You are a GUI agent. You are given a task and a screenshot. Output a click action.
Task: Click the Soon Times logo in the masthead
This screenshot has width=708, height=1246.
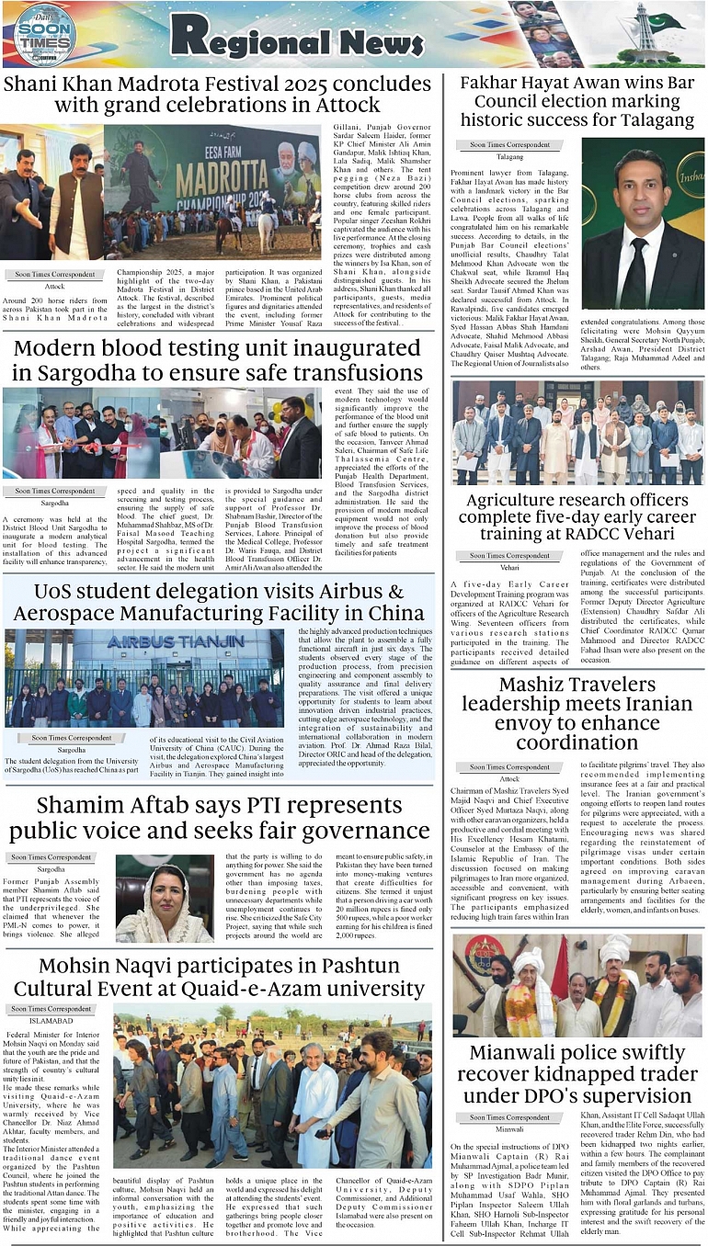[x=44, y=35]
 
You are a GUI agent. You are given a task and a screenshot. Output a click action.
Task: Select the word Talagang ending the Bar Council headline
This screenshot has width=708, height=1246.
[x=643, y=119]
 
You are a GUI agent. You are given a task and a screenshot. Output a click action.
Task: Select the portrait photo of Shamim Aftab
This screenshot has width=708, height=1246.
[x=165, y=898]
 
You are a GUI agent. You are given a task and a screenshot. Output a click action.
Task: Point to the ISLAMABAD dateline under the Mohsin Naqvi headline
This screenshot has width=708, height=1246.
[x=51, y=1020]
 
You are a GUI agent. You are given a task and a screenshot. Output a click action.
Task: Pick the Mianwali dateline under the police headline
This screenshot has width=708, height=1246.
[x=509, y=1128]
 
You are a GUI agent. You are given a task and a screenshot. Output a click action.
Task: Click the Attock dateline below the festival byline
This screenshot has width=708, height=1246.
[x=54, y=286]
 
